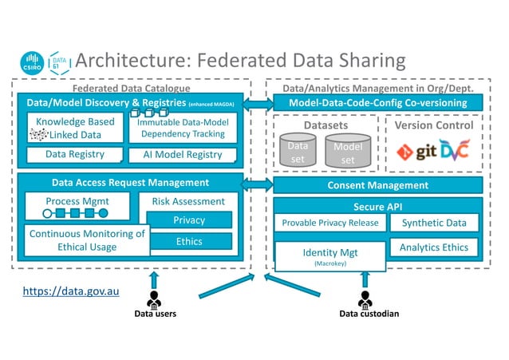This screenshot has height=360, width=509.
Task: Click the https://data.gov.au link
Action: click(x=71, y=291)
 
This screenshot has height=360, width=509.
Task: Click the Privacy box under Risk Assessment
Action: click(x=188, y=220)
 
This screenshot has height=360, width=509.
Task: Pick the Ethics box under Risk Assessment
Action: click(x=188, y=241)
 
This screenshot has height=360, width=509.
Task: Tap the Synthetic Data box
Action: click(x=434, y=223)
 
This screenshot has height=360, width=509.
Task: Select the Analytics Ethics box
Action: click(x=434, y=247)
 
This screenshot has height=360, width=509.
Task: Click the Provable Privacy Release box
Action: click(x=330, y=223)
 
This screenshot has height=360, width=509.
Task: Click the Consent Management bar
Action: click(x=377, y=185)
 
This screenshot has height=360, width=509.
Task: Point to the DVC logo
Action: click(x=454, y=149)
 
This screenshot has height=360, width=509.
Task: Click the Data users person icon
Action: click(x=154, y=299)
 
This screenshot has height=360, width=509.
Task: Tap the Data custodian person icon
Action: click(x=366, y=299)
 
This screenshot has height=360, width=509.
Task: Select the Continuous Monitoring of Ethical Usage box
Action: click(x=87, y=240)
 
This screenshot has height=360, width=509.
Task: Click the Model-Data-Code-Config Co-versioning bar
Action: click(x=377, y=104)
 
